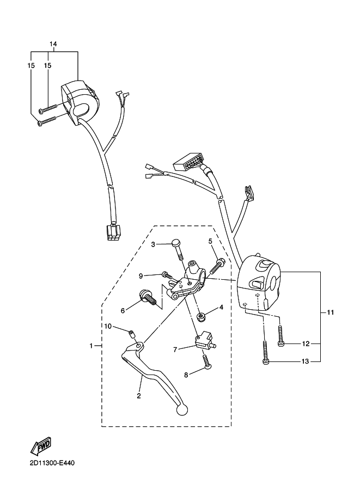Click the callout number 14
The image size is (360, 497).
[53, 44]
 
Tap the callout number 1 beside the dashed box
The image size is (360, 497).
[91, 346]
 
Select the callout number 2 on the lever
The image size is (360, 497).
[139, 396]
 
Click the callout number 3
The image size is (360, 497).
[154, 244]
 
